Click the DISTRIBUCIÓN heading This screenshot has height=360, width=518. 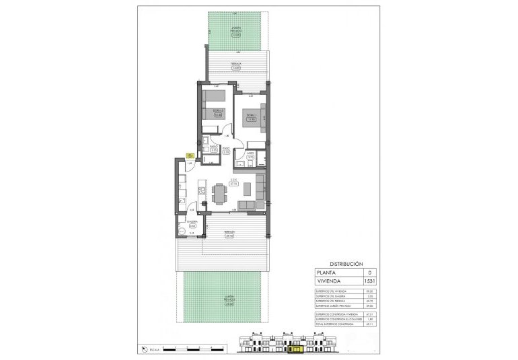pos(346,264)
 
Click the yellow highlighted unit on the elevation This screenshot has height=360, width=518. pos(296,349)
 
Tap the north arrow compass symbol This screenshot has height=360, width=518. pos(144,349)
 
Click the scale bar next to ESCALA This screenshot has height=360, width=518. pos(194,349)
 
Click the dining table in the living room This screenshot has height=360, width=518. pos(219,194)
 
